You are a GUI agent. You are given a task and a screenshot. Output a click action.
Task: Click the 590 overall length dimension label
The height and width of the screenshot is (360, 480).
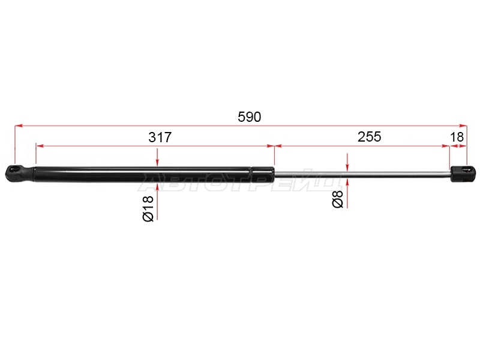click(249, 117)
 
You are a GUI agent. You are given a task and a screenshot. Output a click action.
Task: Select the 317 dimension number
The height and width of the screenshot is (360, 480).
click(160, 137)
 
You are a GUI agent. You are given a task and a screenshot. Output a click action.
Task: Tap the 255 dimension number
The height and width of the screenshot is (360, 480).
click(369, 137)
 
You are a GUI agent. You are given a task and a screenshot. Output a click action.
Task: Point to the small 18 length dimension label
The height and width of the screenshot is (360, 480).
click(457, 137)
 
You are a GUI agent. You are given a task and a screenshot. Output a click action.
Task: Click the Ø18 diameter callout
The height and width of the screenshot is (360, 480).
click(148, 208)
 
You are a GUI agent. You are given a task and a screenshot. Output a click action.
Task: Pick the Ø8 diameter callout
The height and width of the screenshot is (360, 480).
click(338, 199)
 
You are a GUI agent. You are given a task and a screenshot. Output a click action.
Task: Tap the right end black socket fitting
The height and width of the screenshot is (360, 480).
click(463, 173)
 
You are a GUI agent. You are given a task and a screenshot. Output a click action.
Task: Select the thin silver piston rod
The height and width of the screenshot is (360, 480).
click(362, 174)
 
